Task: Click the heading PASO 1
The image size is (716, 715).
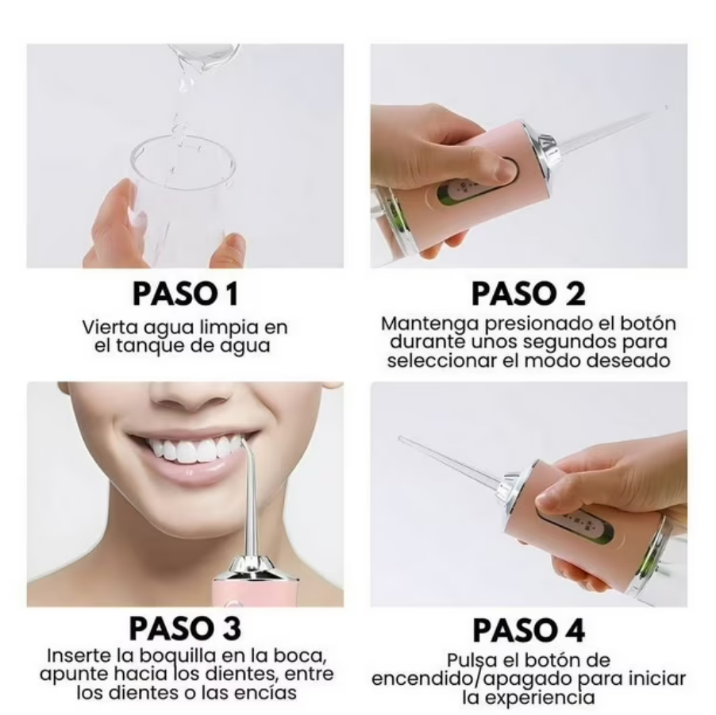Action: coord(185,294)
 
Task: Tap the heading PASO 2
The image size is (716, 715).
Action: coord(529,294)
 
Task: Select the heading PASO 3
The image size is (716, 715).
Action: coord(185,629)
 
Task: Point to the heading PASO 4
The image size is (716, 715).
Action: coord(529,630)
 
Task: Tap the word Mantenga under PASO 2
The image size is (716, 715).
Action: coord(419,324)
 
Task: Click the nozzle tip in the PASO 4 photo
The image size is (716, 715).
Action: coord(401,438)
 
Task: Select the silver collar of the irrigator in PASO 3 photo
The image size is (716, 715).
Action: coord(252,568)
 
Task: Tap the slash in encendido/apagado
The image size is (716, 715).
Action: coord(479,680)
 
